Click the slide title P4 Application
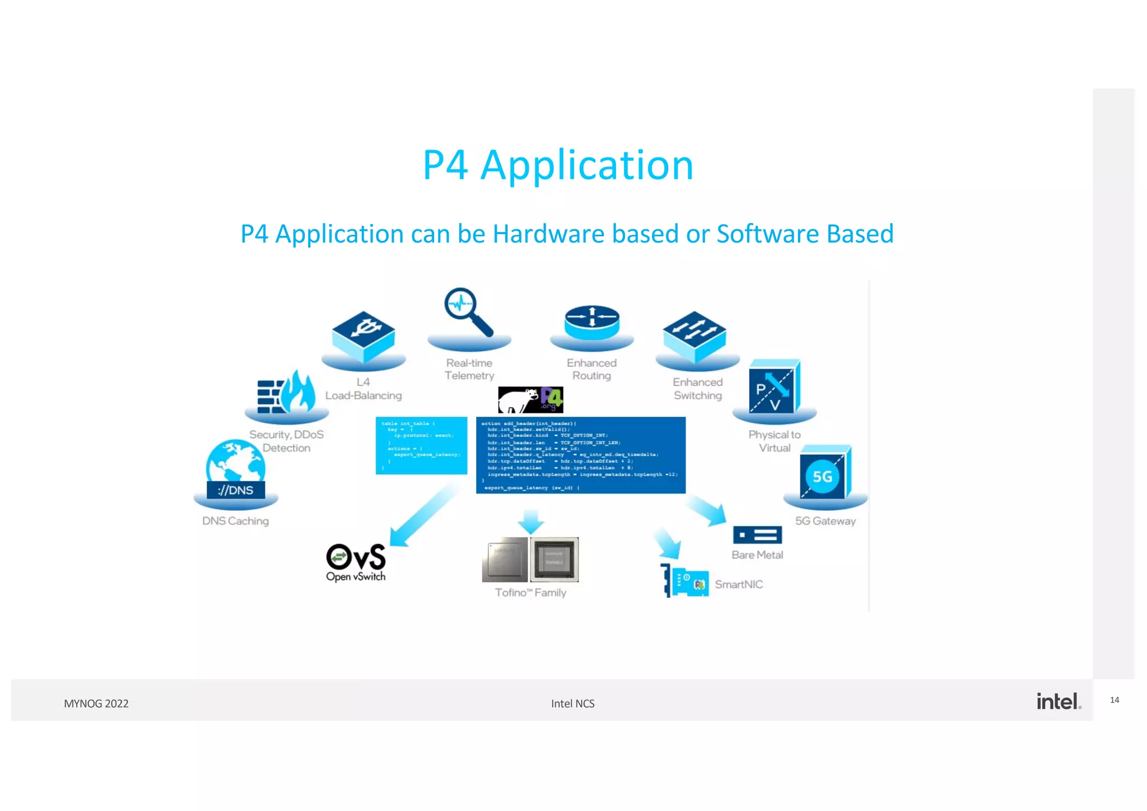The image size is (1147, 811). pos(558,165)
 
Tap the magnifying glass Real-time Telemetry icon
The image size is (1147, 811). pos(468,311)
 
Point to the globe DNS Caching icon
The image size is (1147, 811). pos(235,469)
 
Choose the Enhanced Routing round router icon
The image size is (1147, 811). pos(592,322)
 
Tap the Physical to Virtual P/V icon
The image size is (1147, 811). pos(775,387)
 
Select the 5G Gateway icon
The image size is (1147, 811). pos(825,473)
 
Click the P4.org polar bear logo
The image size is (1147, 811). pos(530,400)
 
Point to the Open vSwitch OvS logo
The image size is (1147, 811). pos(356,562)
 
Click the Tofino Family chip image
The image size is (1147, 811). pos(530,560)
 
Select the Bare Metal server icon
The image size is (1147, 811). pos(757,535)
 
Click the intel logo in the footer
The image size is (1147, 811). pos(1058,701)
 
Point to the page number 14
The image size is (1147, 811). pos(1115,700)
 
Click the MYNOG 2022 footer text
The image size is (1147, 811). pos(96,703)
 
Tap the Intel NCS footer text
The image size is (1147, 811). pos(572,703)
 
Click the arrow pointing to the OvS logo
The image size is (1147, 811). pos(423,515)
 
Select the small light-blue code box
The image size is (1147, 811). pos(421,445)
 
